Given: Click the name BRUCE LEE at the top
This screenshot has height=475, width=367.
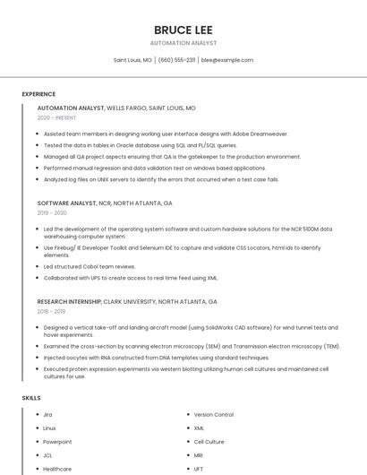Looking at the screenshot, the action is tap(183, 30).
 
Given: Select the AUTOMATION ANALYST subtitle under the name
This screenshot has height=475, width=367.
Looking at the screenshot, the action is tap(183, 43).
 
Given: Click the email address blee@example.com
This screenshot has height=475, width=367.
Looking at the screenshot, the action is tap(227, 60).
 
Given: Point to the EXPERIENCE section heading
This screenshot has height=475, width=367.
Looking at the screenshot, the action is tap(38, 93).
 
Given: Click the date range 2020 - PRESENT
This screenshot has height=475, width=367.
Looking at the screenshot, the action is tap(56, 117).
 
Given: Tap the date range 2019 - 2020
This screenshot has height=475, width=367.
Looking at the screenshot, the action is tap(52, 213).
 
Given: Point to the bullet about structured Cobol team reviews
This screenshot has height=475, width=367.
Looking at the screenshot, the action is tap(90, 266).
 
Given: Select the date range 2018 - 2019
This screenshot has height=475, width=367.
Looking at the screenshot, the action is tap(51, 312).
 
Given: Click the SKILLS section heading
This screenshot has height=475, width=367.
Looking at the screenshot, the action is tap(31, 397).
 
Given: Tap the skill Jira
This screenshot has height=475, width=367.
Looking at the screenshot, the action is tap(48, 415).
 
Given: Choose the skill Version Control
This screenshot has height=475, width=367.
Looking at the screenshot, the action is tap(214, 415).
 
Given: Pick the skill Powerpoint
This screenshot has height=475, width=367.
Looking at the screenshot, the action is tap(57, 442).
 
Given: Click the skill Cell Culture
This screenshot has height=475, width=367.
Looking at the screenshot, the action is tap(209, 442).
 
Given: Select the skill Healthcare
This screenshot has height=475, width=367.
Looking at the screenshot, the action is tap(57, 469).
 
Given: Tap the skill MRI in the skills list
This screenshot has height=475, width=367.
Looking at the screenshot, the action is tap(199, 455).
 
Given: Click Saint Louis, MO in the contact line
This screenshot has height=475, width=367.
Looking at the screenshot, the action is tap(132, 60).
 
